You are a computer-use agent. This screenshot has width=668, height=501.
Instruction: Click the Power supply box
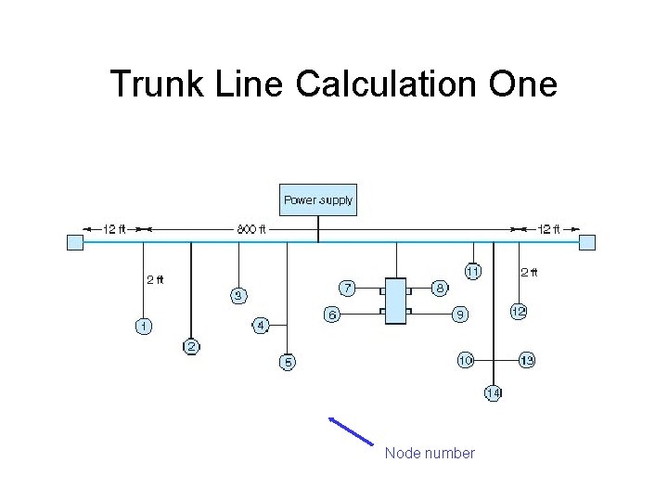pyautogui.click(x=317, y=200)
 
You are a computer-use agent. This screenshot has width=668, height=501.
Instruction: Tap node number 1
pyautogui.click(x=143, y=326)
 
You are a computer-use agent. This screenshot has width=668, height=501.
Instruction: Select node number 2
pyautogui.click(x=191, y=347)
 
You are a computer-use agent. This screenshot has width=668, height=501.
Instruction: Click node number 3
pyautogui.click(x=238, y=296)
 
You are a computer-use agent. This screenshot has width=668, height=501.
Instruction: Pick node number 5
pyautogui.click(x=288, y=362)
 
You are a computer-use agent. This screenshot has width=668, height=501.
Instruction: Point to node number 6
pyautogui.click(x=331, y=315)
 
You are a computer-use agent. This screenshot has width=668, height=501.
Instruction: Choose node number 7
pyautogui.click(x=345, y=287)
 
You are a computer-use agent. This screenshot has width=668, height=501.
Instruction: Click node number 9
pyautogui.click(x=459, y=315)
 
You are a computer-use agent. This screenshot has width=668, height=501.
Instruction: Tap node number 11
pyautogui.click(x=473, y=272)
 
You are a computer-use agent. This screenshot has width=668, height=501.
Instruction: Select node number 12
pyautogui.click(x=519, y=313)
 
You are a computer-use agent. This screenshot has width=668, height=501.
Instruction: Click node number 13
pyautogui.click(x=526, y=359)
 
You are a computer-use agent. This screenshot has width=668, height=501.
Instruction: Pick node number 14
pyautogui.click(x=494, y=392)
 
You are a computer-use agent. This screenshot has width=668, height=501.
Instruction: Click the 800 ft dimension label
pyautogui.click(x=250, y=229)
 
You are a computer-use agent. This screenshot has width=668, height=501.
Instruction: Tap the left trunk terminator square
pyautogui.click(x=75, y=242)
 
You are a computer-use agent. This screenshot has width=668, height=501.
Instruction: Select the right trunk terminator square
pyautogui.click(x=587, y=242)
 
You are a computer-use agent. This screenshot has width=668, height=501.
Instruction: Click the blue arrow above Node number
pyautogui.click(x=351, y=432)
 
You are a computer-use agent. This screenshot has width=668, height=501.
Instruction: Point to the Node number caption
pyautogui.click(x=430, y=454)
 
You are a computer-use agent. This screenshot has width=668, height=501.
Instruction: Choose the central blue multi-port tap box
pyautogui.click(x=396, y=302)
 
